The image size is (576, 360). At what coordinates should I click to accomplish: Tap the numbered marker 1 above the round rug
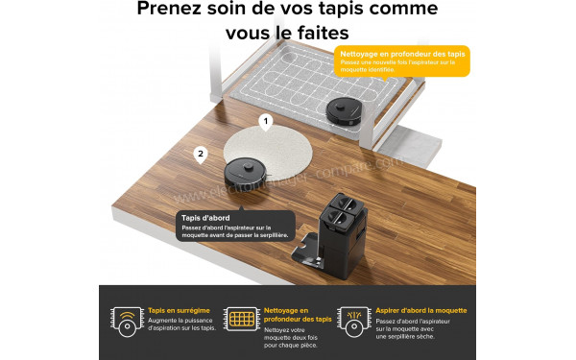(267, 122)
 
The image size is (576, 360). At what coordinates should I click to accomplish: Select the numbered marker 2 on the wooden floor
(200, 153)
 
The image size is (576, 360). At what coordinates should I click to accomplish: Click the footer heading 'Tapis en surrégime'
(179, 310)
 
